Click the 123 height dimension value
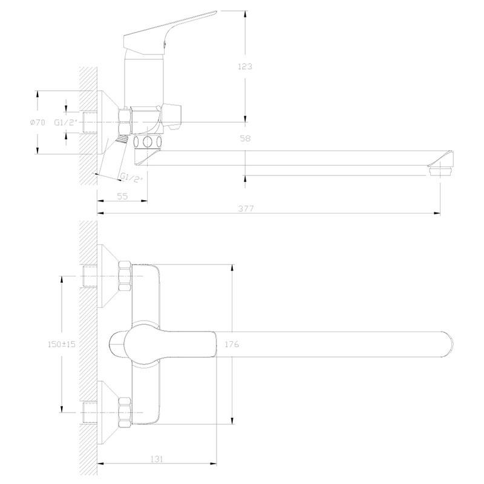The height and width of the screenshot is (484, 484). pos(245,67)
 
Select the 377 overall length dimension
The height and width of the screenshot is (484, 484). pos(244,208)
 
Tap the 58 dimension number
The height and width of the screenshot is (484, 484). pos(245,139)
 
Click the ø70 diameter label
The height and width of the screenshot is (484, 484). pos(38,123)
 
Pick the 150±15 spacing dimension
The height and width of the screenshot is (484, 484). pos(61,344)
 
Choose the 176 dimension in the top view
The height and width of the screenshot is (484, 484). pos(232,344)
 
